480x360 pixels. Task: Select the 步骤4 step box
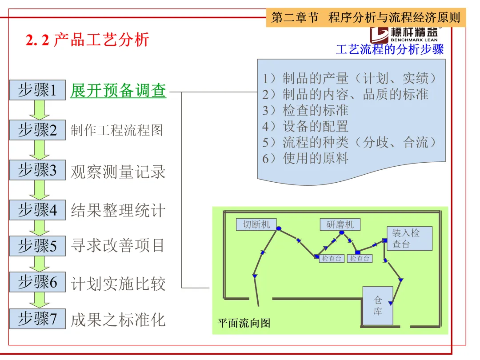click(x=37, y=210)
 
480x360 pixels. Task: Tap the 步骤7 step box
click(x=37, y=319)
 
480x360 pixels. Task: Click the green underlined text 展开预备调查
click(x=118, y=91)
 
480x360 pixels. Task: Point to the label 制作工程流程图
click(x=117, y=130)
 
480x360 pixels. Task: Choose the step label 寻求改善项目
click(x=118, y=245)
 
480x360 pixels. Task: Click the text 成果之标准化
click(x=118, y=320)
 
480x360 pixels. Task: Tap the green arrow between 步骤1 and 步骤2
click(x=39, y=110)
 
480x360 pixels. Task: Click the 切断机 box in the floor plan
click(x=256, y=224)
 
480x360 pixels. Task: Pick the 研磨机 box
click(x=340, y=224)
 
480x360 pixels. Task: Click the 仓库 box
click(x=378, y=306)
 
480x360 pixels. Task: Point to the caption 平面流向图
click(x=244, y=323)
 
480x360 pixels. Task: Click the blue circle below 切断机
click(x=279, y=229)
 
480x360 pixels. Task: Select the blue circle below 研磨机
click(x=341, y=232)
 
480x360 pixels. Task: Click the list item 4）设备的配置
click(x=305, y=126)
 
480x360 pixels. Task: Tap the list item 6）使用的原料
click(x=305, y=158)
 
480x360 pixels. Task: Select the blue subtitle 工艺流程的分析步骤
click(x=390, y=49)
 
